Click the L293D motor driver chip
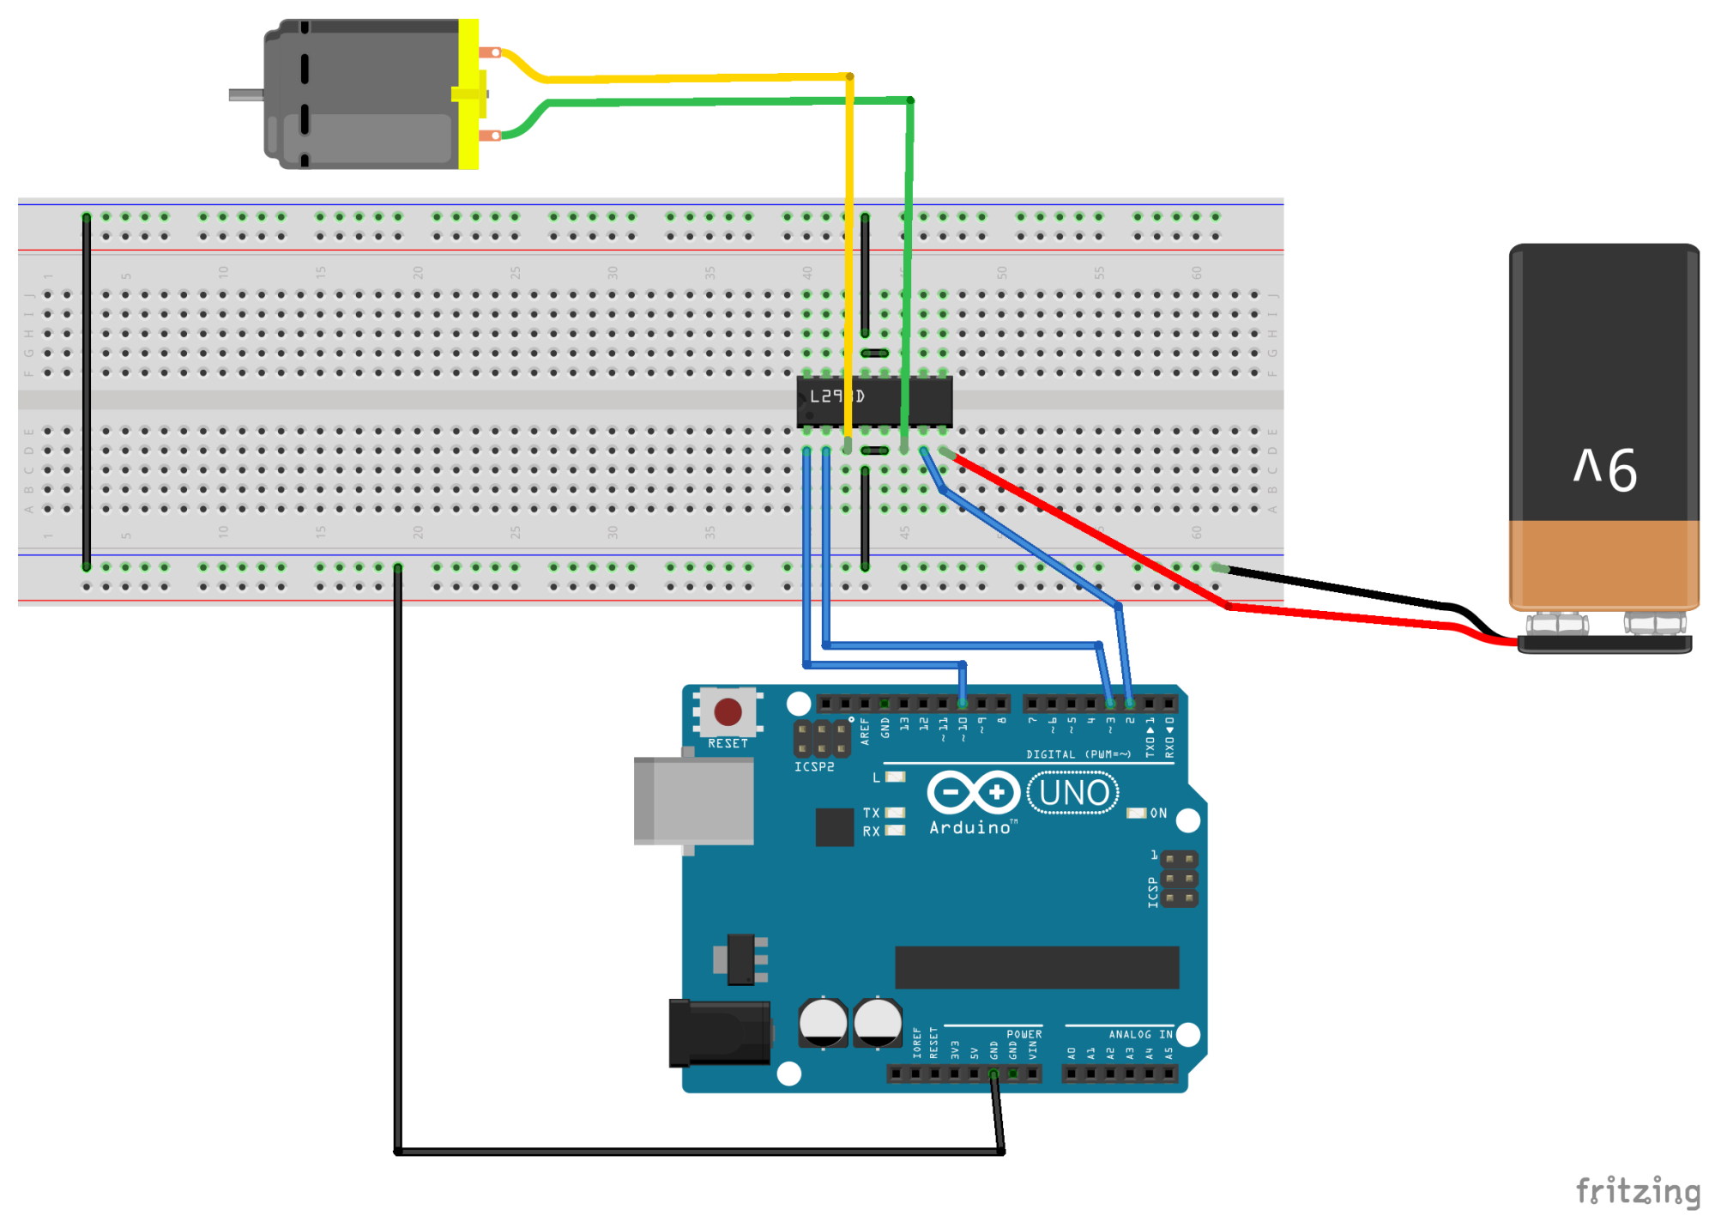tap(873, 400)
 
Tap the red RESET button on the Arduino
tap(728, 711)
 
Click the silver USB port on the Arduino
tap(693, 801)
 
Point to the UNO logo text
tap(1072, 793)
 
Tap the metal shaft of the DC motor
tap(245, 95)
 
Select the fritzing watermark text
tap(1637, 1191)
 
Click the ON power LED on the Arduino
tap(1136, 813)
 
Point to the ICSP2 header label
tap(813, 767)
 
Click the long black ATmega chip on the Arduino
tap(1036, 967)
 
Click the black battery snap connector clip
tap(1604, 644)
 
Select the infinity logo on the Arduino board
tap(973, 792)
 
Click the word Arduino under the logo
tap(970, 828)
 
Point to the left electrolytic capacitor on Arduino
tap(823, 1023)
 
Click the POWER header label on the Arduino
tap(1024, 1035)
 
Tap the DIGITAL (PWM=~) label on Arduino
tap(1078, 754)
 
